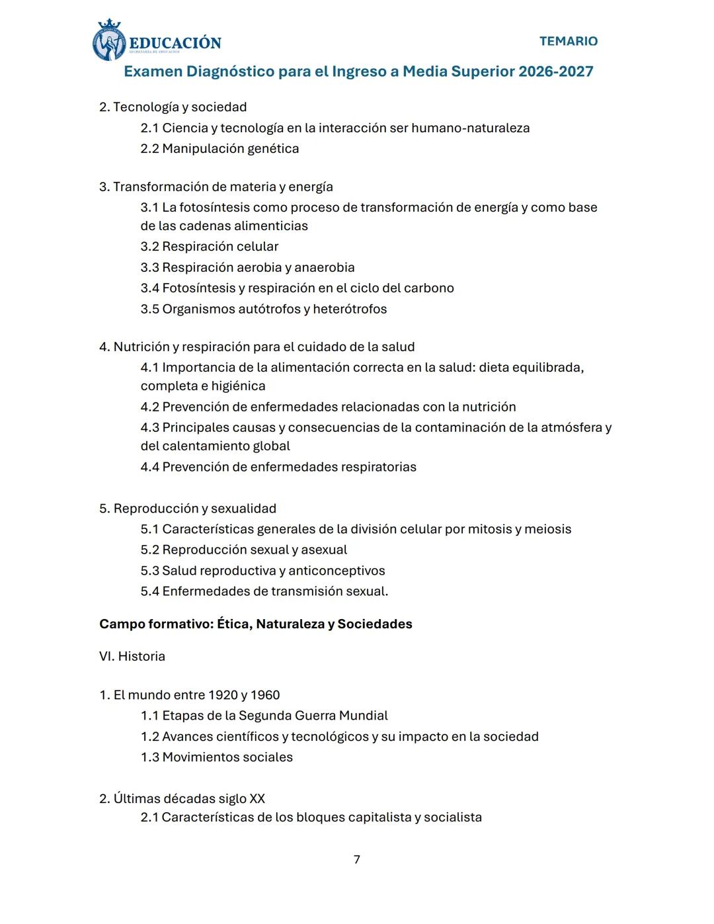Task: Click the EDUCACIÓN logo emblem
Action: coord(109,41)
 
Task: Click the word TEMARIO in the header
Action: coord(568,41)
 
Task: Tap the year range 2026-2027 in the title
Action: coord(555,71)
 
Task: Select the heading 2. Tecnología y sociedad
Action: coord(173,107)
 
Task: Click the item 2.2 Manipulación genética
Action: coord(219,149)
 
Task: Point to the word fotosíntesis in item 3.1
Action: coord(214,208)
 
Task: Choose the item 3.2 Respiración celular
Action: coord(209,247)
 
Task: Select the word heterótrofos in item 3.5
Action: coord(350,310)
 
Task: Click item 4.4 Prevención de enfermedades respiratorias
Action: coord(278,467)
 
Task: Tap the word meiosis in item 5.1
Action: coord(547,529)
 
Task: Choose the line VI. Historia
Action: coord(132,657)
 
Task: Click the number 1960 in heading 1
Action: coord(264,695)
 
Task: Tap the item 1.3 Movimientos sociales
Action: coord(216,757)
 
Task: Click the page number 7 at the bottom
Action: coord(357,859)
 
